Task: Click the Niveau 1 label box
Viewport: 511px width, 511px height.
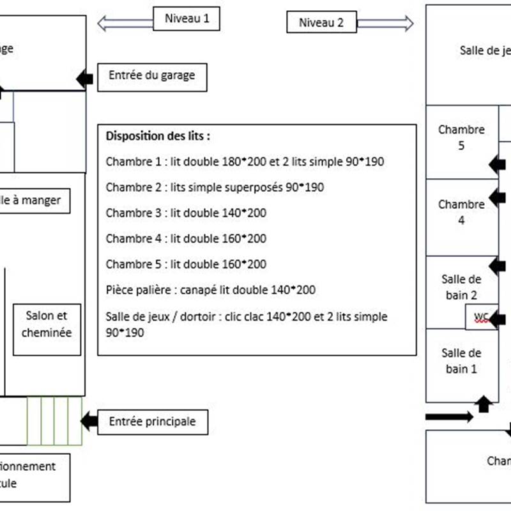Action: click(x=187, y=19)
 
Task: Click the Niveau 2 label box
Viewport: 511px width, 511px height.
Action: click(x=321, y=23)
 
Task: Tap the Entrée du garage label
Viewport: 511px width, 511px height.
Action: click(x=151, y=76)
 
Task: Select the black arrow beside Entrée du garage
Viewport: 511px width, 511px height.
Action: click(x=85, y=79)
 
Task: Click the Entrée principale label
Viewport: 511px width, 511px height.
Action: click(x=152, y=422)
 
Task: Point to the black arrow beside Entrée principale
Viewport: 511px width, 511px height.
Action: click(x=89, y=421)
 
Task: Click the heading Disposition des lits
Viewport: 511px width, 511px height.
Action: click(x=158, y=136)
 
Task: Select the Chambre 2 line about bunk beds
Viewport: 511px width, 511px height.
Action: click(x=214, y=187)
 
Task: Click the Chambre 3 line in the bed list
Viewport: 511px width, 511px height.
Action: click(x=186, y=213)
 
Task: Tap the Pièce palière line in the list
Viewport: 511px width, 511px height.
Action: click(x=210, y=289)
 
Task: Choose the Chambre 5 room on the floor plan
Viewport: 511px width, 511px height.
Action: click(x=461, y=138)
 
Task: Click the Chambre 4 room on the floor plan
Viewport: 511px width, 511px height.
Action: click(x=461, y=213)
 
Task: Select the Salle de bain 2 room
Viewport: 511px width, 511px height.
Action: click(x=461, y=287)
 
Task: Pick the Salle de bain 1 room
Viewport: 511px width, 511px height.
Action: click(x=461, y=361)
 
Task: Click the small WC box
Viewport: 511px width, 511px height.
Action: click(x=480, y=317)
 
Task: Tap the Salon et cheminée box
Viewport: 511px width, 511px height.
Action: click(x=47, y=324)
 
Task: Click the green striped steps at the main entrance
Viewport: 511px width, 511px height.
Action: click(x=55, y=420)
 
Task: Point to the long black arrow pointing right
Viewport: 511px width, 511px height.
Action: click(x=449, y=417)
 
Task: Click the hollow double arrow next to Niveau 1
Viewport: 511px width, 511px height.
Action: click(x=125, y=24)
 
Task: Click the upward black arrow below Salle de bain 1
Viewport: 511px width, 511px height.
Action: click(x=484, y=404)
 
